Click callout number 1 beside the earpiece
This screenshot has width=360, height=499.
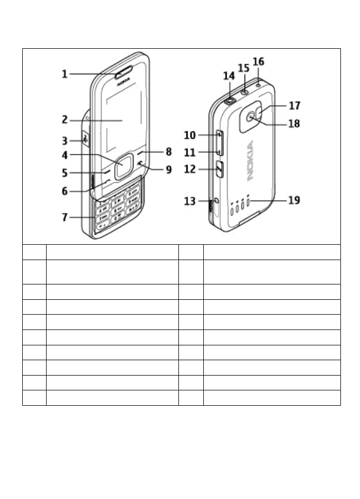tap(65, 74)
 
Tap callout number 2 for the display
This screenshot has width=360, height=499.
tap(65, 120)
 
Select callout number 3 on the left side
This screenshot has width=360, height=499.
tap(65, 141)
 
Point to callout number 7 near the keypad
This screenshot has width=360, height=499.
tap(65, 217)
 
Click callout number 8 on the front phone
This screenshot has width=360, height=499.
tap(168, 152)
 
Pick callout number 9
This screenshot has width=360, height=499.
tap(168, 170)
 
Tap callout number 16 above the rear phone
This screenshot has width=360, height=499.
tap(258, 62)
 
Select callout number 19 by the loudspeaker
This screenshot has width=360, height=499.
tap(294, 200)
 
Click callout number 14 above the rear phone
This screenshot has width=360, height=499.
tap(229, 76)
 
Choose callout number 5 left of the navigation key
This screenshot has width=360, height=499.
tap(65, 172)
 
